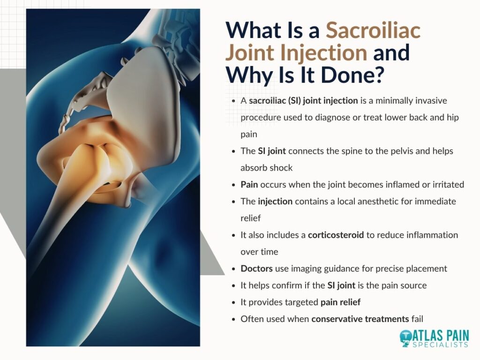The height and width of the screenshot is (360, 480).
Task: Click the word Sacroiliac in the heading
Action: pos(373,30)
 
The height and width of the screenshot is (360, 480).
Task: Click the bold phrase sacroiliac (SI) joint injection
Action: pos(303,101)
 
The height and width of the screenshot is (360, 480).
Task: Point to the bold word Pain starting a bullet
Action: pos(249,185)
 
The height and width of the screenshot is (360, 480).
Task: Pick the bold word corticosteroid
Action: pos(336,235)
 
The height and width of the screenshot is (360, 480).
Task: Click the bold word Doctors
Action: pos(256,269)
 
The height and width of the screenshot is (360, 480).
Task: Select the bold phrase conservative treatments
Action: pos(360,319)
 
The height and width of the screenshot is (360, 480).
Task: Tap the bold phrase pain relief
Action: pos(340,302)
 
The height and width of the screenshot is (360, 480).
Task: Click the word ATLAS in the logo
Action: pos(427,336)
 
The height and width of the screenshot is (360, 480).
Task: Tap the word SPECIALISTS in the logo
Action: pos(440,345)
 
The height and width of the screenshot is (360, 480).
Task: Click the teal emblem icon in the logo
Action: pos(405,338)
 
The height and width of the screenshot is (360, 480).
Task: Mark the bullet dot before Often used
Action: pos(234,319)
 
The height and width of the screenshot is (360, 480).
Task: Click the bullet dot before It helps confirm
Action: pos(234,285)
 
